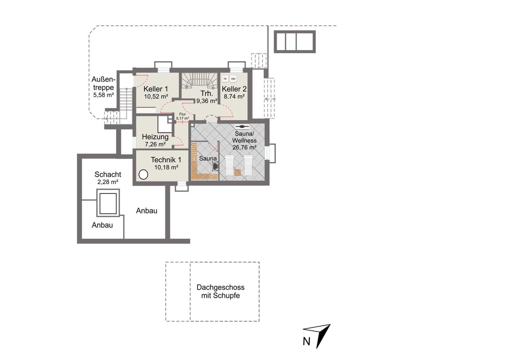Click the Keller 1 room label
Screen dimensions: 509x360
tap(155, 89)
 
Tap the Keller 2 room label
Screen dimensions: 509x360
tap(234, 89)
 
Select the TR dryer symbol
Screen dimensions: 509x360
tap(225, 79)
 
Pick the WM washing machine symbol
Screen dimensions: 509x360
tap(233, 79)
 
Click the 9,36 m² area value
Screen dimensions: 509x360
tap(206, 101)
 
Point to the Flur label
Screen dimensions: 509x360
tap(183, 114)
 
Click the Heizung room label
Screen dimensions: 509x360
tap(155, 137)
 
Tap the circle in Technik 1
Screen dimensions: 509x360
tap(143, 175)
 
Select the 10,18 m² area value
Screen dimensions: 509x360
tap(166, 167)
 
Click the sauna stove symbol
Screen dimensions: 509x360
tap(215, 166)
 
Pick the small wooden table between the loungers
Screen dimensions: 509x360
tap(237, 172)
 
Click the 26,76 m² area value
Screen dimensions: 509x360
tap(244, 148)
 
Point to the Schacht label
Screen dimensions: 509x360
tap(108, 175)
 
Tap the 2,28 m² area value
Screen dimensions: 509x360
tap(108, 182)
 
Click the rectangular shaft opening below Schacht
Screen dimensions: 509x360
tap(108, 203)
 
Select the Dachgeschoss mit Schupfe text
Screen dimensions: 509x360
tap(220, 291)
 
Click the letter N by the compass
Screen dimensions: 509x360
tap(306, 342)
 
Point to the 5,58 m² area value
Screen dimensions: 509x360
tap(103, 95)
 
